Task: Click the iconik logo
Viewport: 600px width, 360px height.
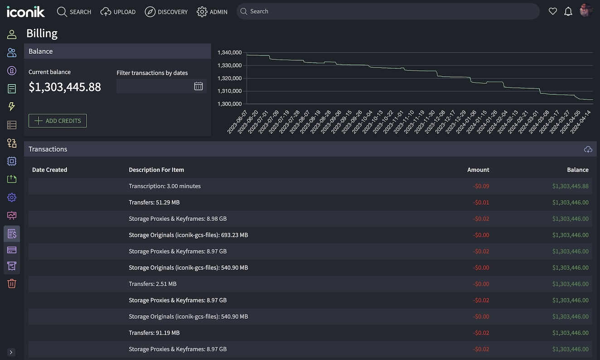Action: (x=26, y=11)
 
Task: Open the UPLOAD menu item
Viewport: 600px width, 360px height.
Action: (x=118, y=12)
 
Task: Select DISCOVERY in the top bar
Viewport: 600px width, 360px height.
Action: (x=166, y=12)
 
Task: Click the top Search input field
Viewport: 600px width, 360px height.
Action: (x=387, y=11)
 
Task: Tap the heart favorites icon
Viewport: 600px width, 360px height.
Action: (x=552, y=11)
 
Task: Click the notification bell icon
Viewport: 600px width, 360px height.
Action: (x=568, y=11)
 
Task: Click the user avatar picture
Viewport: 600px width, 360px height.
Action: (x=586, y=11)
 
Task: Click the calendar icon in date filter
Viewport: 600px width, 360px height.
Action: (x=198, y=86)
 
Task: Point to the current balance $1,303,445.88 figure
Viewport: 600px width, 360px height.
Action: (x=65, y=87)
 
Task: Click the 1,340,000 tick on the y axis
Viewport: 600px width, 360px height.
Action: (x=229, y=53)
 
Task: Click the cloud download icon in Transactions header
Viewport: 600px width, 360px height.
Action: (x=588, y=149)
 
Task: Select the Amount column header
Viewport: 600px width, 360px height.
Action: (x=478, y=170)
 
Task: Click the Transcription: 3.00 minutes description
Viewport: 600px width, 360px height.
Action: (x=165, y=186)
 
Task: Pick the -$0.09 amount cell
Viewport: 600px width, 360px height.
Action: (x=481, y=186)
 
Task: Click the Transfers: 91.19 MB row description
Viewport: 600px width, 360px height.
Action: (x=154, y=333)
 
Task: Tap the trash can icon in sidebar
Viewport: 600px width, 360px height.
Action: (x=12, y=283)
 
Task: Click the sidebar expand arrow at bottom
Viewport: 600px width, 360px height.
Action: (x=11, y=352)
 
